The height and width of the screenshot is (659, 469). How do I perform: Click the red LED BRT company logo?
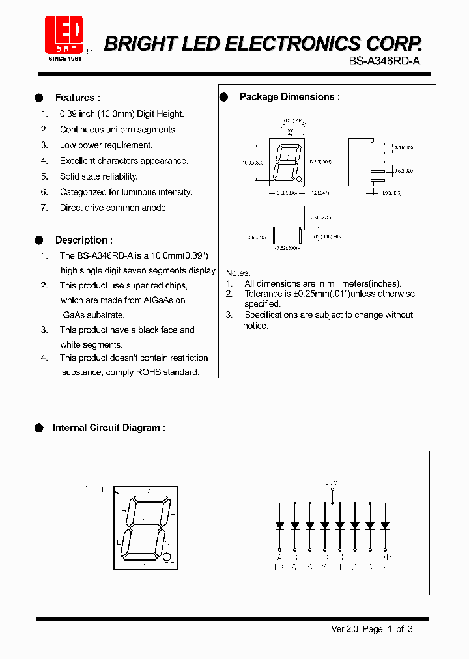tap(64, 35)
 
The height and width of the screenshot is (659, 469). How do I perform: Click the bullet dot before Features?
tap(38, 98)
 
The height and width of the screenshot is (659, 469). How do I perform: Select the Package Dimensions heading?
tap(289, 97)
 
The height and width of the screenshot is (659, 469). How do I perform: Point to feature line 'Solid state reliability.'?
tap(98, 176)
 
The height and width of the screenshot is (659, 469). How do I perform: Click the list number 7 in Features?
tap(44, 208)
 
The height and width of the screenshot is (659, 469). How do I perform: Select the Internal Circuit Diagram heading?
tap(109, 428)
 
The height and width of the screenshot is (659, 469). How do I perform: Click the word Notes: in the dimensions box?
tap(238, 273)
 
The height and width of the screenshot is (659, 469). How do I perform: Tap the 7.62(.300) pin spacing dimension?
tap(287, 248)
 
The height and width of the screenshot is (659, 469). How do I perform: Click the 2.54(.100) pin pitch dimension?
tap(405, 148)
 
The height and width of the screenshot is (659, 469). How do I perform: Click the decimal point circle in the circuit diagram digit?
tap(167, 557)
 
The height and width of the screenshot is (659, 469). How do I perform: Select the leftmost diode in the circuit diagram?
tap(279, 525)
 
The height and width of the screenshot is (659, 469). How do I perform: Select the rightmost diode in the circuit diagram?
tap(386, 525)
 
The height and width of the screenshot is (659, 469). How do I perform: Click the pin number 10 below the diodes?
tap(278, 568)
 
